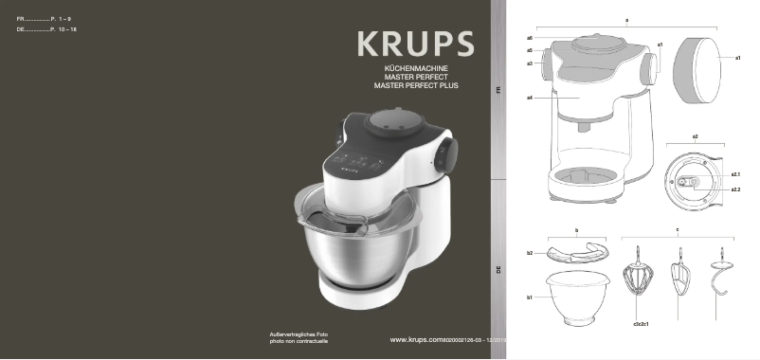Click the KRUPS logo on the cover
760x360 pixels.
(415, 45)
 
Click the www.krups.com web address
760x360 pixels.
(418, 339)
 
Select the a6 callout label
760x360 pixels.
(530, 38)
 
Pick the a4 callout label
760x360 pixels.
(530, 99)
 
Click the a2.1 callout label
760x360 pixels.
(735, 175)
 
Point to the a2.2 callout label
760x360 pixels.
(735, 189)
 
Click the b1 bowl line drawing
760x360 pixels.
(577, 297)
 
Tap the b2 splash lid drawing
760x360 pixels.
(576, 252)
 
